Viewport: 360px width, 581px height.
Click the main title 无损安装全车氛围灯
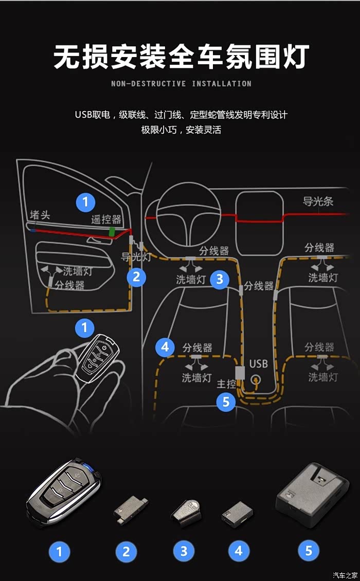(181, 57)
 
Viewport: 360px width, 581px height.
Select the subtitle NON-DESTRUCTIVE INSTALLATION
(181, 84)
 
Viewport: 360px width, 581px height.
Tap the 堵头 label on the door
(40, 215)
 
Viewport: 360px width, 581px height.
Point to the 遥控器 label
(106, 220)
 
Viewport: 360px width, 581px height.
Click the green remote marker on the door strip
(112, 232)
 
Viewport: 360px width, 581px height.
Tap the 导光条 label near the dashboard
(318, 201)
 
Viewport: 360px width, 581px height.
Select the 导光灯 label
(136, 257)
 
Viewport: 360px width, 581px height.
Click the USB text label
(258, 364)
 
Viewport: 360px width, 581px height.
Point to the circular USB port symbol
(255, 381)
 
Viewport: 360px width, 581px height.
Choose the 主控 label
(226, 384)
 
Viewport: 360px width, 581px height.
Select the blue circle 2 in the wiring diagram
(136, 278)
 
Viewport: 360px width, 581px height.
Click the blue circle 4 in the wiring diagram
(165, 347)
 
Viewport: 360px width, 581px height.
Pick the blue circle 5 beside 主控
(226, 402)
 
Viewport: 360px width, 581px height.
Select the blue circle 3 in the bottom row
(184, 552)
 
